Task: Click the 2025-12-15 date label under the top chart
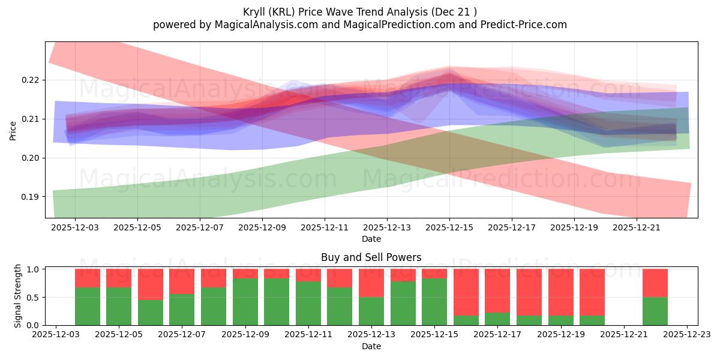[449, 228]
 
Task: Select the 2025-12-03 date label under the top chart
[75, 228]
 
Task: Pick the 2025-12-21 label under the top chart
[637, 228]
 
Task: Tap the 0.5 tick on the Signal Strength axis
[33, 297]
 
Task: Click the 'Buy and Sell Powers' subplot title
[371, 257]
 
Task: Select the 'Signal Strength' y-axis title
[18, 296]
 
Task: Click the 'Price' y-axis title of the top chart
[13, 130]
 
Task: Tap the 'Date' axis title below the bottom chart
[371, 346]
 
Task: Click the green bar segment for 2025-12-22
[655, 311]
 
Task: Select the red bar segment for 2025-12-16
[466, 292]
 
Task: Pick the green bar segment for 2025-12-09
[245, 301]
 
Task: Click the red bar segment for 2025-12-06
[151, 284]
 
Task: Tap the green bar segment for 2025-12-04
[88, 306]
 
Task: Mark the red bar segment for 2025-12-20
[592, 292]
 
